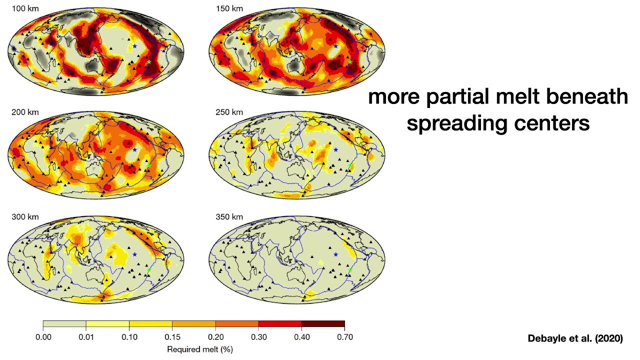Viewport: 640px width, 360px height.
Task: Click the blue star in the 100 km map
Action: click(x=134, y=46)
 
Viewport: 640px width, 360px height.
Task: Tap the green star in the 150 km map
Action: click(x=350, y=61)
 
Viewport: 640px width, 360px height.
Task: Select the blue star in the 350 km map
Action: click(x=335, y=254)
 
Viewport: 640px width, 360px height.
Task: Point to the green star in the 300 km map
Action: click(x=149, y=270)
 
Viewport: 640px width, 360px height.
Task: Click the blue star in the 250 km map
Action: click(x=335, y=150)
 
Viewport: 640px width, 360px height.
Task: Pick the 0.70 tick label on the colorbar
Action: click(x=344, y=337)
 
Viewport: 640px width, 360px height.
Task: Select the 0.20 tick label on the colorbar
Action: click(x=215, y=337)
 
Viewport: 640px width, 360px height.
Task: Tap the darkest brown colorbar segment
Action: click(x=323, y=323)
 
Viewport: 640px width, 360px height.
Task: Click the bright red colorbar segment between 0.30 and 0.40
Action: click(x=280, y=323)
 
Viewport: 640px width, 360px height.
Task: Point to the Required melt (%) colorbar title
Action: click(x=194, y=348)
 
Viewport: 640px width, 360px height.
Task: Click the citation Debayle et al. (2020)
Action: click(x=575, y=338)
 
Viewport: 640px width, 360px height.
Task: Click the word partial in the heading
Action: click(x=458, y=96)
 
